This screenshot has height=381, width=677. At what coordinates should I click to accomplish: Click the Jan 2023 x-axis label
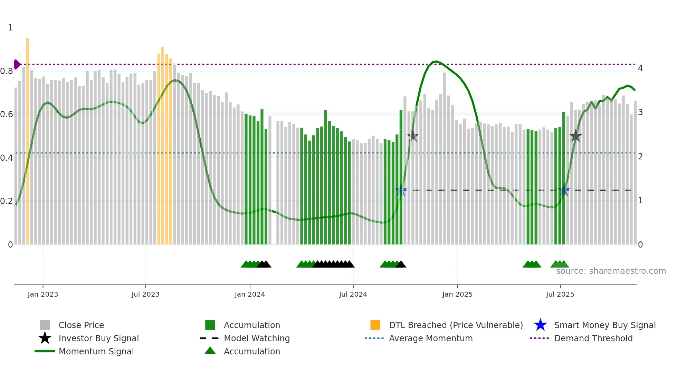[43, 294]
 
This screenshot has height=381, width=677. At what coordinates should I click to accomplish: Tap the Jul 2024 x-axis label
[353, 294]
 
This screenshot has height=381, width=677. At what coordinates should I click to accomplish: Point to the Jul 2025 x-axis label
[560, 294]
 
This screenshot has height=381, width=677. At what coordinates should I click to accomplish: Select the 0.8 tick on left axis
[7, 71]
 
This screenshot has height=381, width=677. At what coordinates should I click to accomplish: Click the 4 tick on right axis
[640, 68]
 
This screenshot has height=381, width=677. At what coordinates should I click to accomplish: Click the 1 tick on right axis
[640, 201]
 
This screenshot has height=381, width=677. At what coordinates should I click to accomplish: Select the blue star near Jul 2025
[564, 191]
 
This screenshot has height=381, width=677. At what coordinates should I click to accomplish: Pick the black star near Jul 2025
[575, 136]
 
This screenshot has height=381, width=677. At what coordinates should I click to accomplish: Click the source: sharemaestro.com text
[611, 271]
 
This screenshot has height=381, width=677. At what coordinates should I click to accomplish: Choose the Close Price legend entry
[81, 325]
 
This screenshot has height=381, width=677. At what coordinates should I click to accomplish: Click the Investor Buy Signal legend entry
[98, 338]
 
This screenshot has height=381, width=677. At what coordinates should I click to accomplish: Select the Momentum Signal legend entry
[96, 351]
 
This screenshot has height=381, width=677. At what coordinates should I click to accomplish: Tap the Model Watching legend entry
[257, 338]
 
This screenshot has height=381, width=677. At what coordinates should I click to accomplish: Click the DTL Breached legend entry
[456, 325]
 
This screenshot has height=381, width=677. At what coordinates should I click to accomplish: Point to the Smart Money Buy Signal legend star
[540, 325]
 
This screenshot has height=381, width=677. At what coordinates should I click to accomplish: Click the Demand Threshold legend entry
[593, 338]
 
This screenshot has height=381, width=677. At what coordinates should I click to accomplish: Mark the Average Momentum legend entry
[430, 338]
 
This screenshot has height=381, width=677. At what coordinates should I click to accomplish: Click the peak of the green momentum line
[437, 62]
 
